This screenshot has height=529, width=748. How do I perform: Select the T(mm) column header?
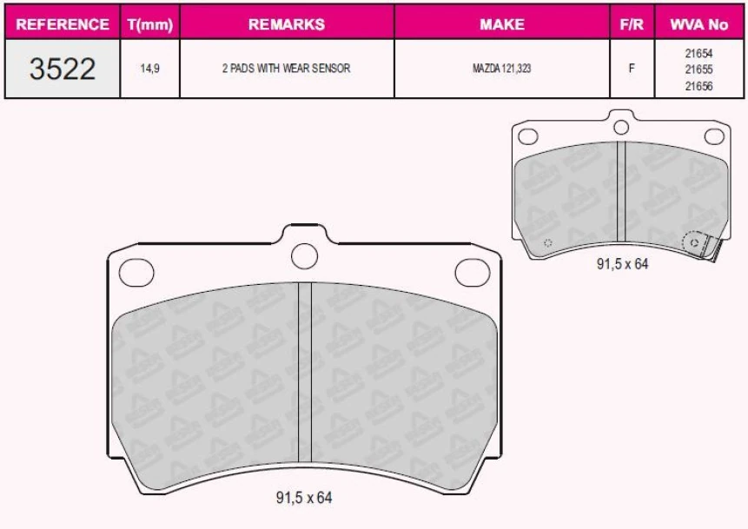tap(149, 24)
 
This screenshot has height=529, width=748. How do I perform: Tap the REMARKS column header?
tap(287, 24)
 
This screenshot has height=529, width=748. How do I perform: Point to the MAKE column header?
tap(502, 24)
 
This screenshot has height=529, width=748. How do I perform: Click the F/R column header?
tap(632, 24)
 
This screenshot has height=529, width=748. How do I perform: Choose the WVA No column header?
tap(698, 24)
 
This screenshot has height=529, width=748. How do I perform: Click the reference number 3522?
tap(63, 69)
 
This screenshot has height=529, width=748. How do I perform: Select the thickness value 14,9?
tap(149, 69)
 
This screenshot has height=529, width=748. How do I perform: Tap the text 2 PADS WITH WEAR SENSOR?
tap(287, 68)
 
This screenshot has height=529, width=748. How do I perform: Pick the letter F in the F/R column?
tap(632, 69)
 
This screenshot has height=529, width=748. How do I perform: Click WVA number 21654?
tap(698, 53)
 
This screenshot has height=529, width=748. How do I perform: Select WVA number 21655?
tap(698, 69)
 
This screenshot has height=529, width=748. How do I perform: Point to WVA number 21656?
tap(698, 85)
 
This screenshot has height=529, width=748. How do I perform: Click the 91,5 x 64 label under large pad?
tap(304, 498)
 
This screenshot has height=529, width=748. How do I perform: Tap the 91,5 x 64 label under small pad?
tap(622, 264)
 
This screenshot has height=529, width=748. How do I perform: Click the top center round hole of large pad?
tap(304, 255)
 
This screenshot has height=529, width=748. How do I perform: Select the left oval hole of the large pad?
tap(136, 272)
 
